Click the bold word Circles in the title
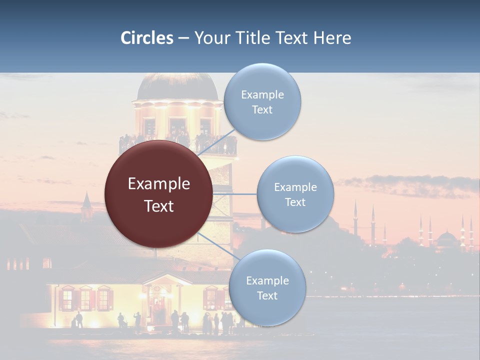pos(147,38)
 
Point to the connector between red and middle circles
pos(235,194)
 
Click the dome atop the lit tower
pos(177,86)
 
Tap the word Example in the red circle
pos(159,184)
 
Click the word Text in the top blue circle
pos(262,110)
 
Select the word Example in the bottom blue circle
pos(267,280)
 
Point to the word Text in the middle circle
pos(295,202)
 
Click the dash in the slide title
pos(183,38)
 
